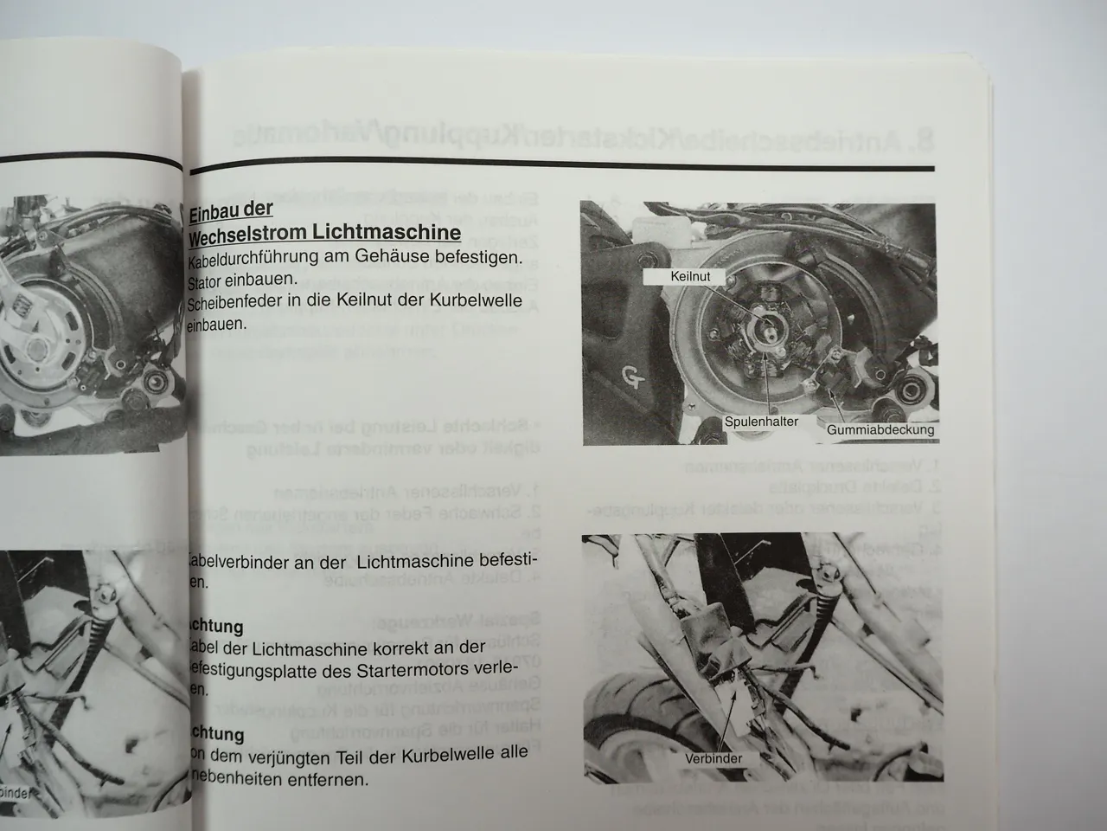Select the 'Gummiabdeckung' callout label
coord(880,429)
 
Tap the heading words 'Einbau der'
coord(230,209)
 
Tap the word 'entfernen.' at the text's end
coord(330,779)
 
